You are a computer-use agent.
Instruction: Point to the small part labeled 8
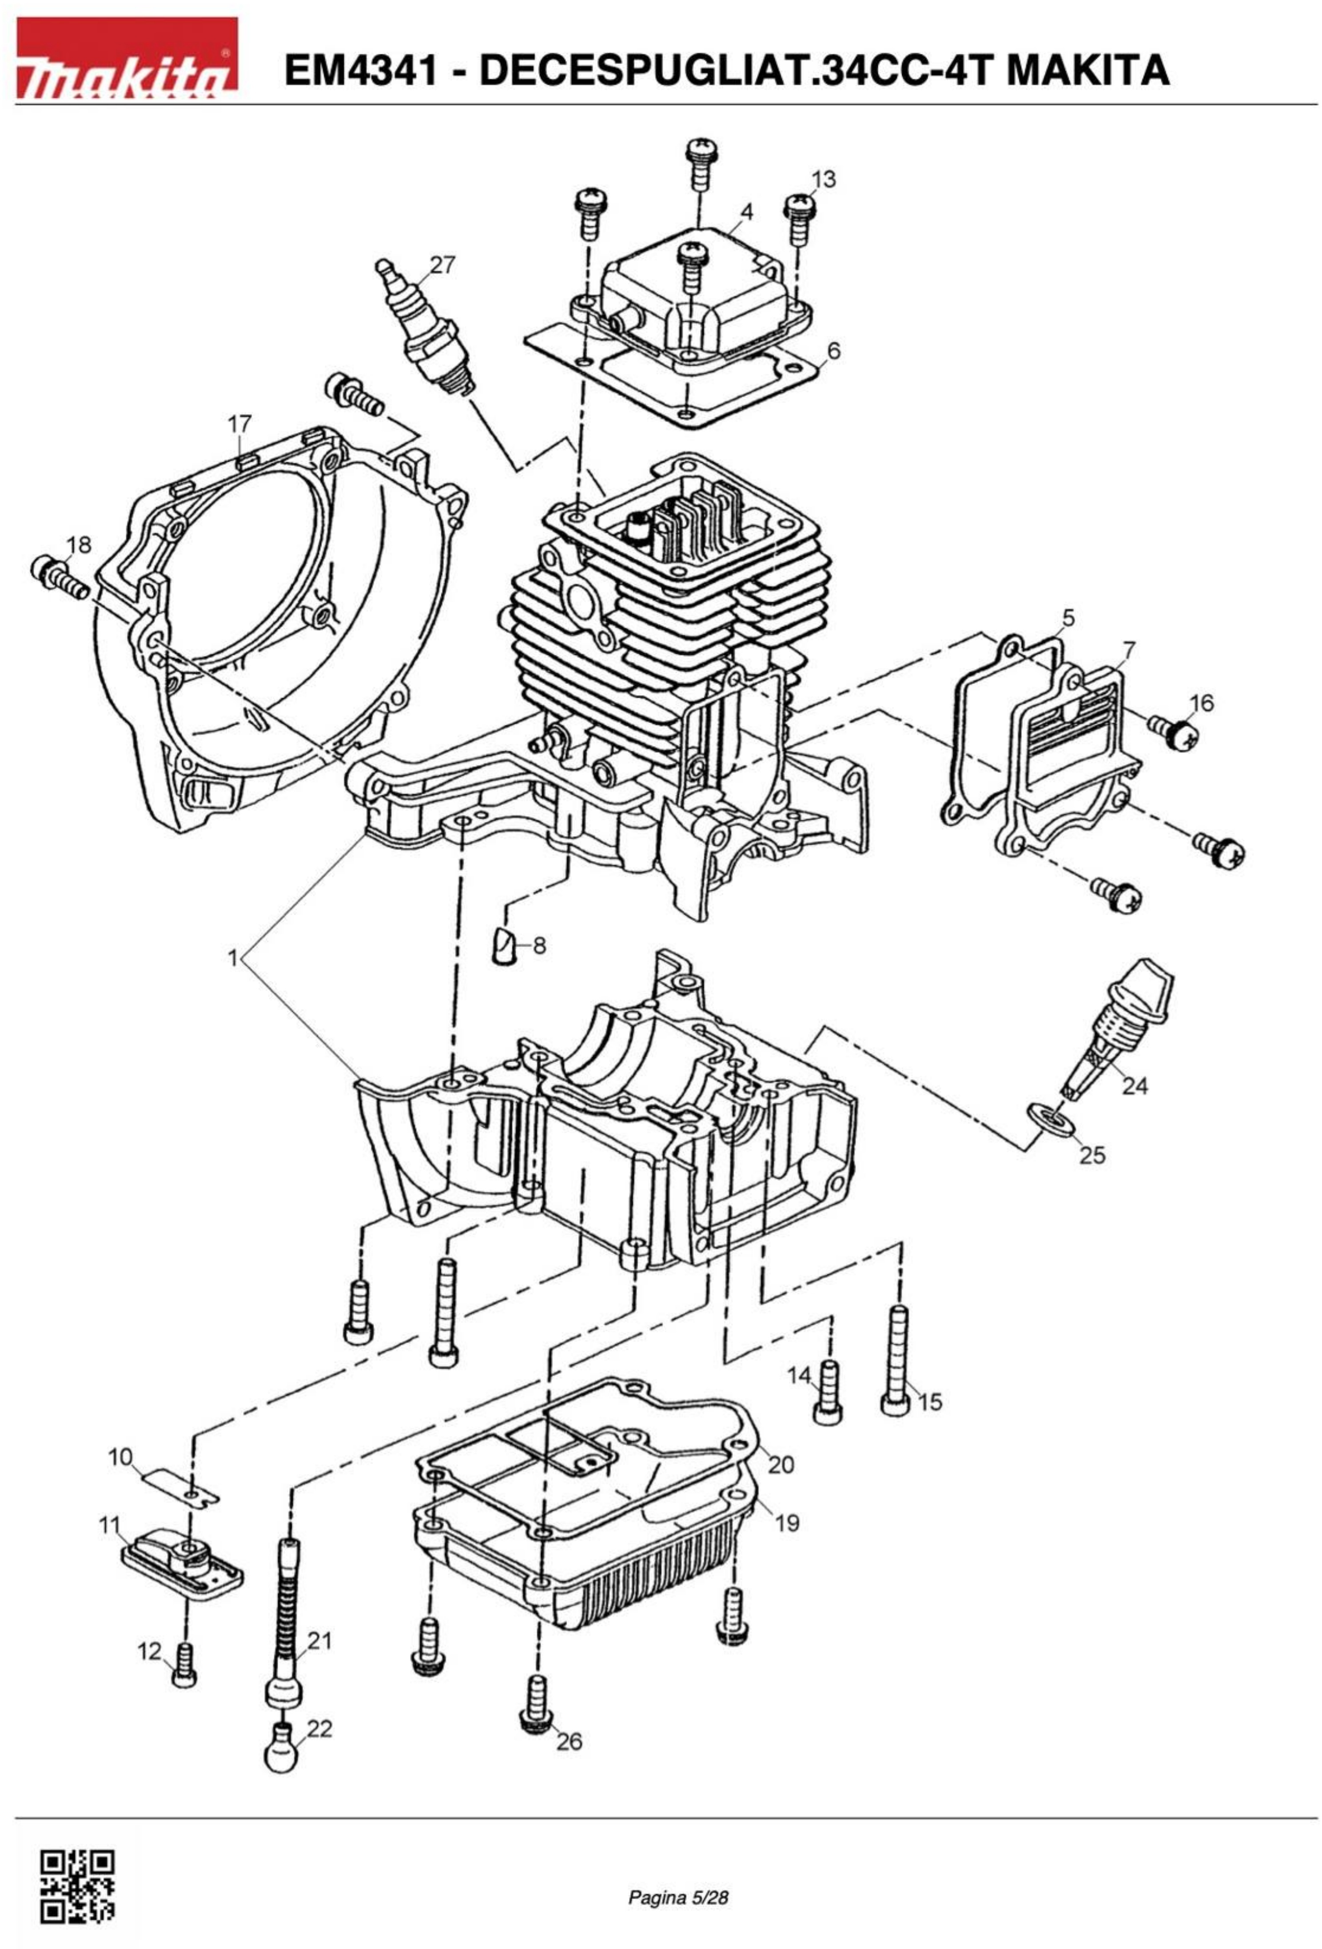point(504,945)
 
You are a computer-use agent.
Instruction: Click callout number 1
point(234,957)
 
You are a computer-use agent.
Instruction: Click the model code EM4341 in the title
point(360,70)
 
